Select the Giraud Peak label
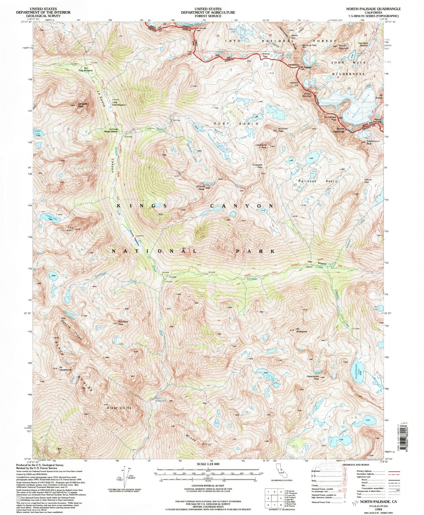point(201,188)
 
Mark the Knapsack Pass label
point(257,166)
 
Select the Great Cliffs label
point(119,408)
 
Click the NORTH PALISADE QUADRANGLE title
point(373,9)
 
